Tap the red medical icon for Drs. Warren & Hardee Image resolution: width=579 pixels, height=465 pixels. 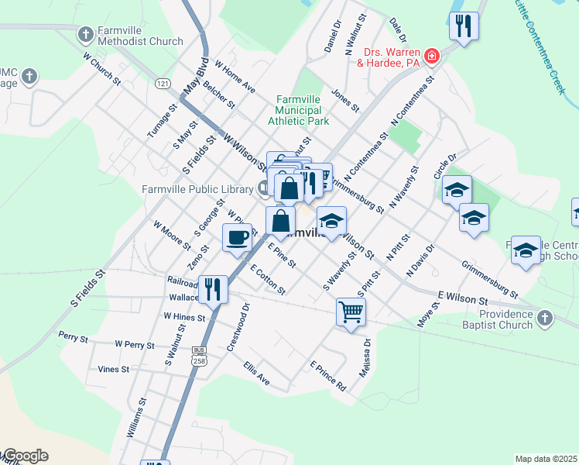pos(431,56)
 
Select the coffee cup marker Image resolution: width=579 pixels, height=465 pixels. pos(237,236)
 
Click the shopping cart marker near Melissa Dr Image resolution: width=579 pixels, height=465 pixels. pos(351,312)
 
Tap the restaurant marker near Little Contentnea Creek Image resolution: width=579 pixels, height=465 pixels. pos(464,26)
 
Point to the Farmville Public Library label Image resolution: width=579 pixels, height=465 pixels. pos(198,188)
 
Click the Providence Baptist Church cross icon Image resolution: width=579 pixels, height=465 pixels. pos(544,318)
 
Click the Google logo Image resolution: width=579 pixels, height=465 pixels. pos(25,456)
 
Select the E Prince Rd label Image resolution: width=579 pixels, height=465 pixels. pos(327,375)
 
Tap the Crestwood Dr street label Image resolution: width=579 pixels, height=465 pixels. pos(239,327)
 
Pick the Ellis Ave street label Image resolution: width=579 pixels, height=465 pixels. pos(256,373)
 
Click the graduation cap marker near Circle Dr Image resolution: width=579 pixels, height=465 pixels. pos(457,190)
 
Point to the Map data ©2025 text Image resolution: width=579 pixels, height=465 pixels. pos(546,459)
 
